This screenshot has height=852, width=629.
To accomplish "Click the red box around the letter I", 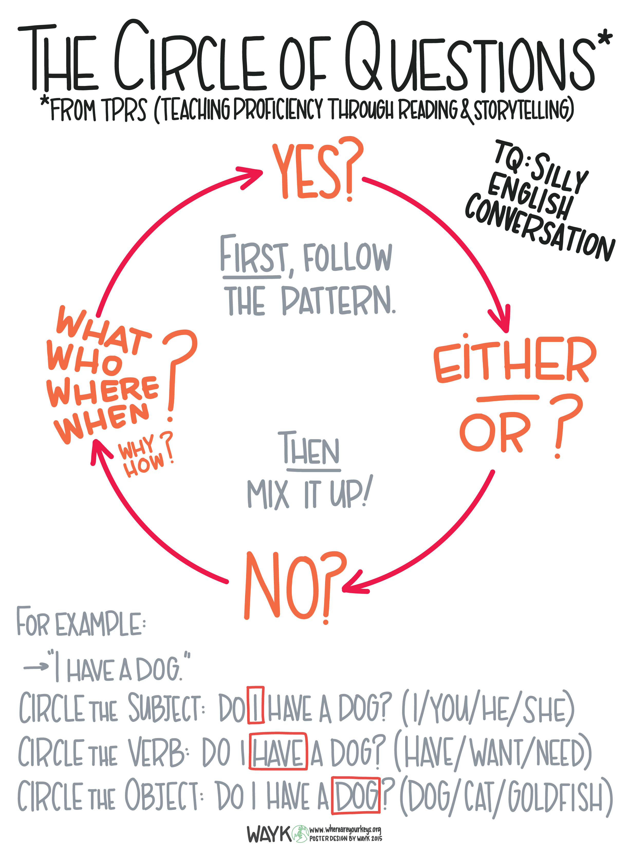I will [x=255, y=705].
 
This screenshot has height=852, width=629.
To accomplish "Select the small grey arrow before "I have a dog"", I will [x=36, y=667].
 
